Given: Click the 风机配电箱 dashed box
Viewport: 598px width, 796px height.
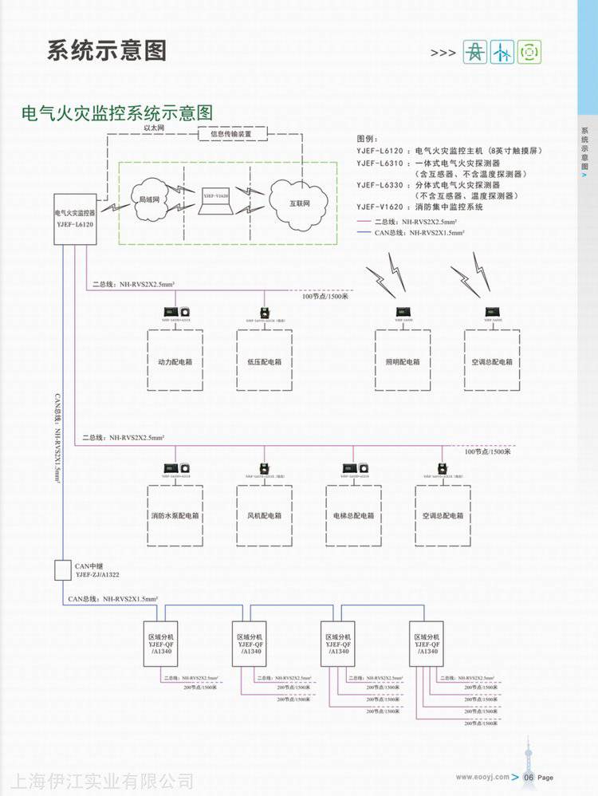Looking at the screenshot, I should click(264, 514).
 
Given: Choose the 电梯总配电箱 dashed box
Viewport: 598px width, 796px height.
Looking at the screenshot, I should click(353, 514).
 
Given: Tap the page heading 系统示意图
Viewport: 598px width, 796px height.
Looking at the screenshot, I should click(107, 51).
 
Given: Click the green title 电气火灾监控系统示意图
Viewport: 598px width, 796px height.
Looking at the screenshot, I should click(117, 112).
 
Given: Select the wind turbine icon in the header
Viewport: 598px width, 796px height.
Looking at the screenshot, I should click(502, 52).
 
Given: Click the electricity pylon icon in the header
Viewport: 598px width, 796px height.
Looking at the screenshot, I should click(475, 52).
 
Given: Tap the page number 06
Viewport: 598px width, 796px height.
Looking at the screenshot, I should click(527, 777).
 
